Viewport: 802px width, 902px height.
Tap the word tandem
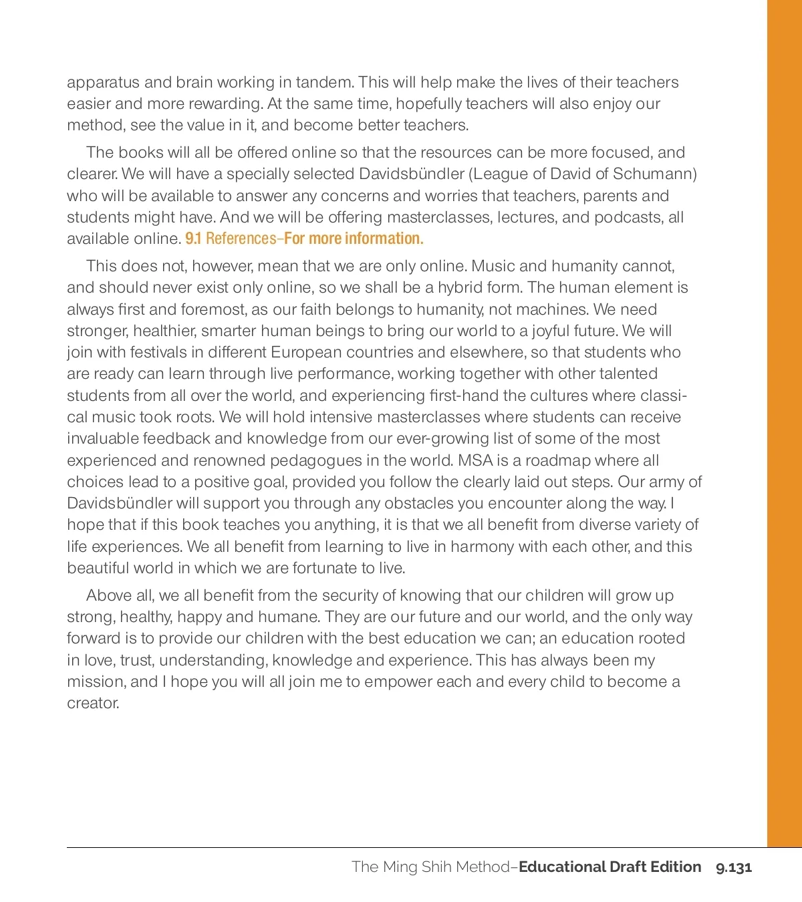coord(324,83)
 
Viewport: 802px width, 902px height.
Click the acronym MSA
coord(475,461)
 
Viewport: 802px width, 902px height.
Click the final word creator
coord(93,704)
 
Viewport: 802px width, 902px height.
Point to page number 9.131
coord(734,868)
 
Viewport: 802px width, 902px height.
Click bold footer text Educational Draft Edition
coord(610,867)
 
